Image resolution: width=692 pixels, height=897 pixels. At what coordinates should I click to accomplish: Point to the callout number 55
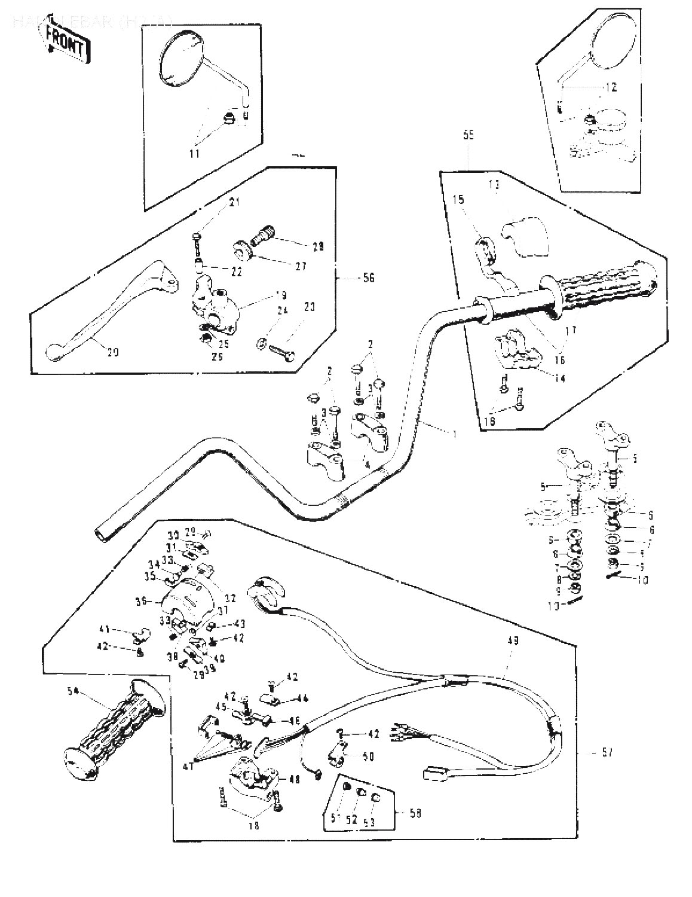[468, 136]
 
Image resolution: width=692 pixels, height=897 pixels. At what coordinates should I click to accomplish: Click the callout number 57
[606, 752]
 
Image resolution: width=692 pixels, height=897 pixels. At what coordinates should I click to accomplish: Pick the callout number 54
[73, 692]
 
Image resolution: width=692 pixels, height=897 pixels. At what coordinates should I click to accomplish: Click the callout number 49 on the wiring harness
[512, 641]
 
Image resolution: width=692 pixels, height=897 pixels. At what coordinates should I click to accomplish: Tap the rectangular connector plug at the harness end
[435, 774]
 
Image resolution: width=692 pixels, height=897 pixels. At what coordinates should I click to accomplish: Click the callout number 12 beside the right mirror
[610, 87]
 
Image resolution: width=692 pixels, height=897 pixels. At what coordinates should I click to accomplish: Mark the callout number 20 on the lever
[112, 352]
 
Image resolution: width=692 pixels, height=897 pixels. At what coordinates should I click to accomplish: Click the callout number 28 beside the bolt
[319, 246]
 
